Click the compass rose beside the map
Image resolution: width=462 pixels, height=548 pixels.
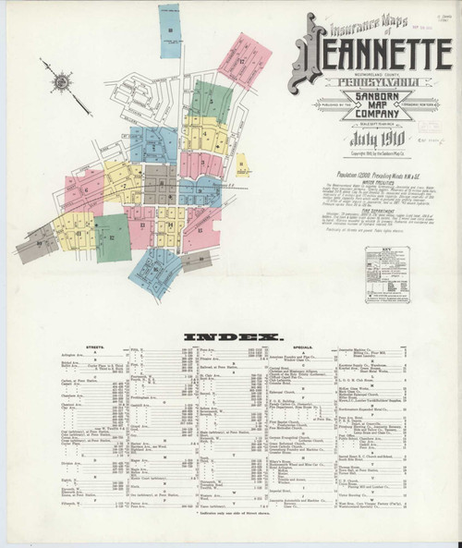click(58, 81)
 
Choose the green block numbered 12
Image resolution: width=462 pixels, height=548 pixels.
click(112, 237)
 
